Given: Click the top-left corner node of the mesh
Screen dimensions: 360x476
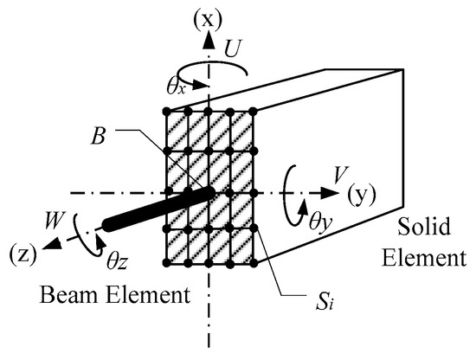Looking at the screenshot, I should [x=166, y=112].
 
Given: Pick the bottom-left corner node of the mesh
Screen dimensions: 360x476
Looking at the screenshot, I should [x=166, y=262].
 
